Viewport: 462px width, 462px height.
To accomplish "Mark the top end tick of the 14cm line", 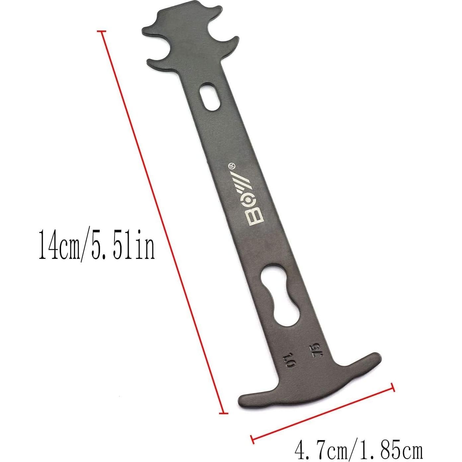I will click(102, 31).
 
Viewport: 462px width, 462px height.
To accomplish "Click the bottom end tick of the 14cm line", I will click(224, 413).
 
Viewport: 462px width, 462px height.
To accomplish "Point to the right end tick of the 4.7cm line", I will click(393, 387).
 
